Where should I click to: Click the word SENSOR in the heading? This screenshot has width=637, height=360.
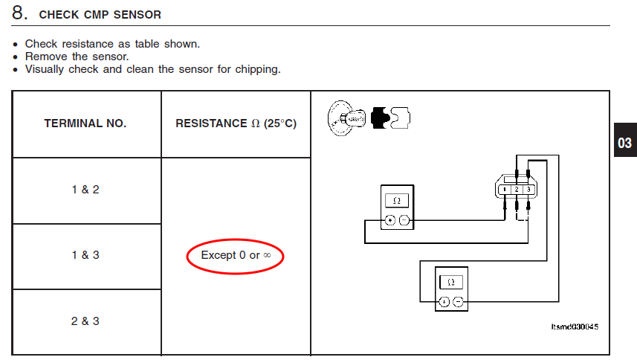click(138, 15)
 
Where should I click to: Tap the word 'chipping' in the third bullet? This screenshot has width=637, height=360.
click(258, 69)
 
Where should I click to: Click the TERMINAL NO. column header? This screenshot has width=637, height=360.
click(85, 123)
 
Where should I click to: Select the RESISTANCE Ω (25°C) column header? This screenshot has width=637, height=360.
click(236, 123)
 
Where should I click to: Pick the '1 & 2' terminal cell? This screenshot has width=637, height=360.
click(85, 190)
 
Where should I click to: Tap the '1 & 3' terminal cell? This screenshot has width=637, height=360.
click(85, 255)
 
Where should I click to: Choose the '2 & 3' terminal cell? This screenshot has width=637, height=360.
click(85, 321)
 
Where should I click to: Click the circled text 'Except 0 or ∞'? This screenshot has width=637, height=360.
click(236, 255)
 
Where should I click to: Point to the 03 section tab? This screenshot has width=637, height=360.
click(625, 143)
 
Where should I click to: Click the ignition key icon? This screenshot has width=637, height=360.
click(346, 118)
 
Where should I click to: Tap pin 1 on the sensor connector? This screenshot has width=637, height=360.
click(505, 190)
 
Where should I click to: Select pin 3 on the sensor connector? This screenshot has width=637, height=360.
click(528, 190)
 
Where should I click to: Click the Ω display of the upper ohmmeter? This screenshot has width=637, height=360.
click(397, 201)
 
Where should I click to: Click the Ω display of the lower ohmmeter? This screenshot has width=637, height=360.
click(451, 282)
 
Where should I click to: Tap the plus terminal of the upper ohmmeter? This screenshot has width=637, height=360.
click(390, 220)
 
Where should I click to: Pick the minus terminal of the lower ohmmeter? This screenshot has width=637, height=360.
click(458, 302)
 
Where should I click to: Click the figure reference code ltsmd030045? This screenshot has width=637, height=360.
click(575, 327)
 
